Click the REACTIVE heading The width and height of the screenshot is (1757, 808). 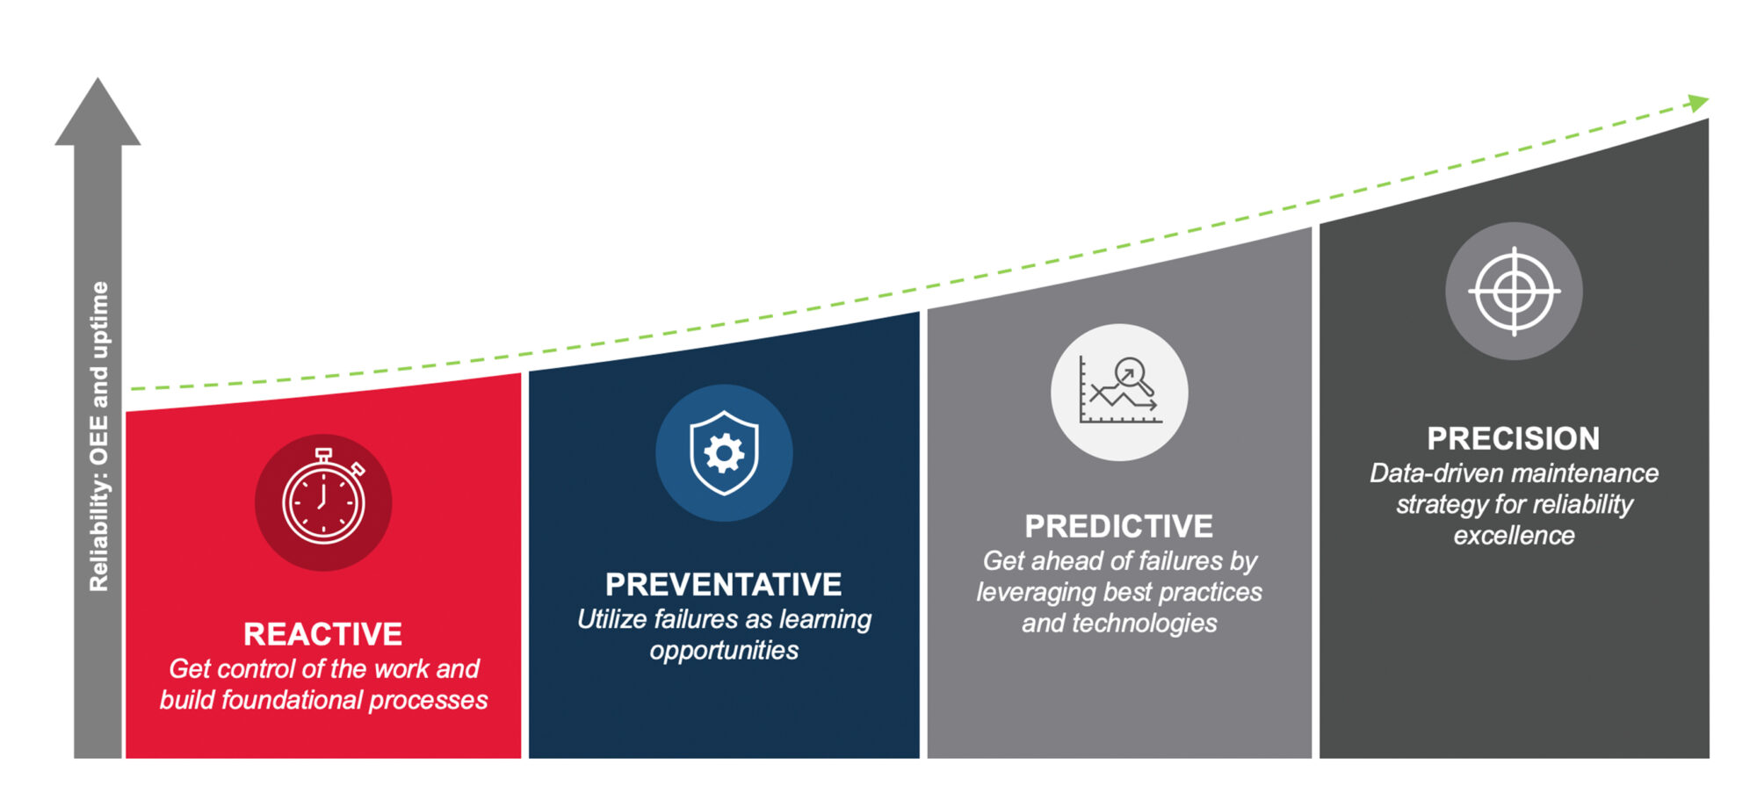pos(322,634)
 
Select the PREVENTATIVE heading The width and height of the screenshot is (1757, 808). pos(723,585)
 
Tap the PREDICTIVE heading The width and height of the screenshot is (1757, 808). pos(1118,526)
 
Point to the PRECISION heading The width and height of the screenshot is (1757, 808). pos(1513,438)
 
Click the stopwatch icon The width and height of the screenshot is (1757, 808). pos(323,501)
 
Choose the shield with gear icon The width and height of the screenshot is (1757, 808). pos(724,453)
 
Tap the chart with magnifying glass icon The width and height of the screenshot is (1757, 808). pos(1119,393)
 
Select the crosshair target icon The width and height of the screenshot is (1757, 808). pos(1514,291)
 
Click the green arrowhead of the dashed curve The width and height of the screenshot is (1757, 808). pos(1698,103)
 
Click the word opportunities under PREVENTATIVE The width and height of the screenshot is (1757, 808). pos(724,651)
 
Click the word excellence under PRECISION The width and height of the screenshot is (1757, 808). pos(1514,536)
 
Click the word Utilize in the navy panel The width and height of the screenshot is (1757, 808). pos(611,620)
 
